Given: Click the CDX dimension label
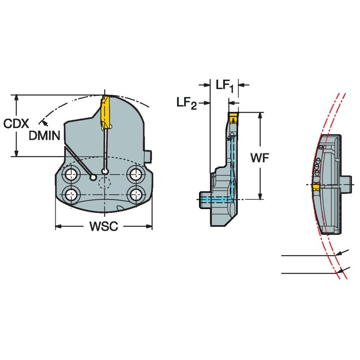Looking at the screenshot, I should coord(16,124).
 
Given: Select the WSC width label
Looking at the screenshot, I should coord(103,227).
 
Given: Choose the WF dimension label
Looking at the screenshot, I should coord(260,158).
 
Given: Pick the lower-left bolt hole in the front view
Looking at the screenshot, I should coord(70,194).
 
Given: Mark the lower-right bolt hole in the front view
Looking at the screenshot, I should coord(135,194).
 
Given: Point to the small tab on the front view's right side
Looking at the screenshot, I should coord(149,156).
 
